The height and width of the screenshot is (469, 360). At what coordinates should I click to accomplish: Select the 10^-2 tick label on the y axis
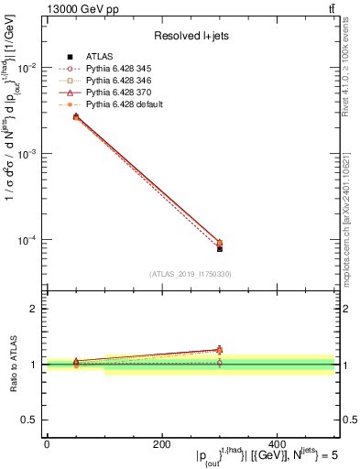click(27, 69)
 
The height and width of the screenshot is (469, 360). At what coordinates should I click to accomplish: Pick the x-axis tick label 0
click(47, 443)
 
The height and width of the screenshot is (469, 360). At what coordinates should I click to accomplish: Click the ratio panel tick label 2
click(35, 309)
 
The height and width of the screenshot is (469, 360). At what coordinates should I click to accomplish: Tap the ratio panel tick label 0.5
click(31, 420)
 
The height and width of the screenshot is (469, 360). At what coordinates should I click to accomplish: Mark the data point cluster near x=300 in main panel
click(220, 245)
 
